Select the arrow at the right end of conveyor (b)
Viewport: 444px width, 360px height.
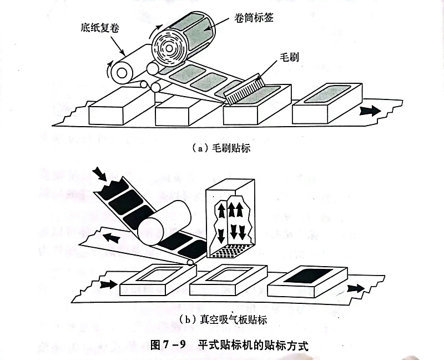[x=357, y=288]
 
